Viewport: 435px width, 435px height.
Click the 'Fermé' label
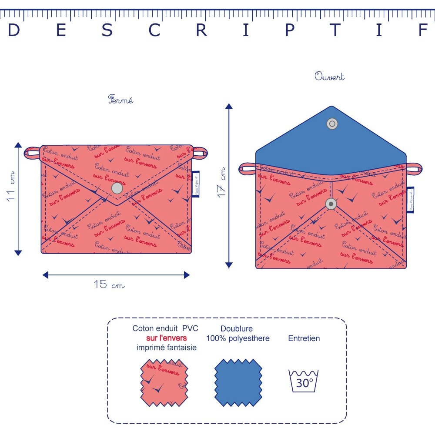[120, 100]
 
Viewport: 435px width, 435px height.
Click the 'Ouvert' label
[329, 77]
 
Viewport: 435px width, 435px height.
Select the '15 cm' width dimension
[109, 285]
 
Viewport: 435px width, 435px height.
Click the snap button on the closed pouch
[117, 188]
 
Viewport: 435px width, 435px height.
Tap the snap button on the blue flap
[332, 124]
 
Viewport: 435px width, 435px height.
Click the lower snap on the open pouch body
[331, 204]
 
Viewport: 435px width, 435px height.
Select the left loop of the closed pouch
[32, 152]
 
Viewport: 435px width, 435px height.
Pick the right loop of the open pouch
[414, 168]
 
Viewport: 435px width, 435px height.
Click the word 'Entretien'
[304, 338]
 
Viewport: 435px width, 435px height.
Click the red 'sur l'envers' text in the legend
[167, 338]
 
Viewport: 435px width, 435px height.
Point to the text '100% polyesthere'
[238, 338]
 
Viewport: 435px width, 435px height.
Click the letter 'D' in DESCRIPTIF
[14, 30]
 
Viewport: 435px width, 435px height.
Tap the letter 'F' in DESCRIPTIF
[423, 30]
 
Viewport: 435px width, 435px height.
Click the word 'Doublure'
[237, 329]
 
